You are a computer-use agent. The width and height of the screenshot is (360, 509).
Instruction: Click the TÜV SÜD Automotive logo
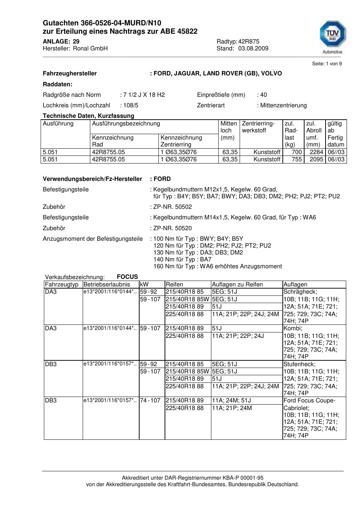(332, 36)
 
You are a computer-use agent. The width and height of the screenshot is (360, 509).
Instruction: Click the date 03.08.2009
(253, 49)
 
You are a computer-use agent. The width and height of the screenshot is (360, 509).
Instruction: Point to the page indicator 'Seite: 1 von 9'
(327, 64)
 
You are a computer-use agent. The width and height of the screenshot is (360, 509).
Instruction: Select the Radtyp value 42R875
(249, 42)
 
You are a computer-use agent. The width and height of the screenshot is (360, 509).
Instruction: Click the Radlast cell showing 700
(297, 152)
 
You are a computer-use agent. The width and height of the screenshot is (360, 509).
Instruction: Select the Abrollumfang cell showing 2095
(316, 160)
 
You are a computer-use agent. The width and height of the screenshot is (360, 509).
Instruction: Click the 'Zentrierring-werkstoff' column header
(258, 127)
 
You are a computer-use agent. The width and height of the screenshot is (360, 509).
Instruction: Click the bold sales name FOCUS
(127, 277)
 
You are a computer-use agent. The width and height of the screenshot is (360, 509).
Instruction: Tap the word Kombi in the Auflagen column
(293, 328)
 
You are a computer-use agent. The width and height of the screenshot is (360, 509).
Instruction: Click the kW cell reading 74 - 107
(150, 401)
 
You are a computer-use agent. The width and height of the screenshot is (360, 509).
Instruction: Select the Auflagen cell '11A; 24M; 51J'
(231, 401)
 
